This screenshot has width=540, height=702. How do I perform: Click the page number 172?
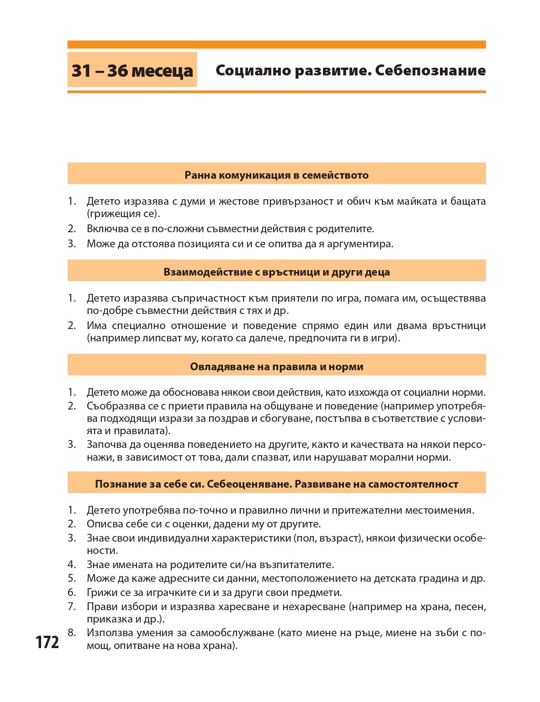click(x=48, y=642)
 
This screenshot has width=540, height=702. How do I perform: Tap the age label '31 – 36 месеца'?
click(x=132, y=70)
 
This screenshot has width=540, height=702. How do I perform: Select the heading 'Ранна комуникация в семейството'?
click(x=276, y=175)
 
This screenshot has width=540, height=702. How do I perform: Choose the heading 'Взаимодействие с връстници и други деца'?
click(x=276, y=272)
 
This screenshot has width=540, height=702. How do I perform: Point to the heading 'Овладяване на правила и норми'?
click(x=276, y=367)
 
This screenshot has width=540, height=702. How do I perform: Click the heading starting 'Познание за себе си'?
click(x=276, y=484)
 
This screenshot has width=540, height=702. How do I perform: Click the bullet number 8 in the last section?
click(x=71, y=633)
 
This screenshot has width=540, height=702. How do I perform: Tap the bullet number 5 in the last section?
click(x=71, y=578)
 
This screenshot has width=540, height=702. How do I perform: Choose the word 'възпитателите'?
click(x=291, y=564)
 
